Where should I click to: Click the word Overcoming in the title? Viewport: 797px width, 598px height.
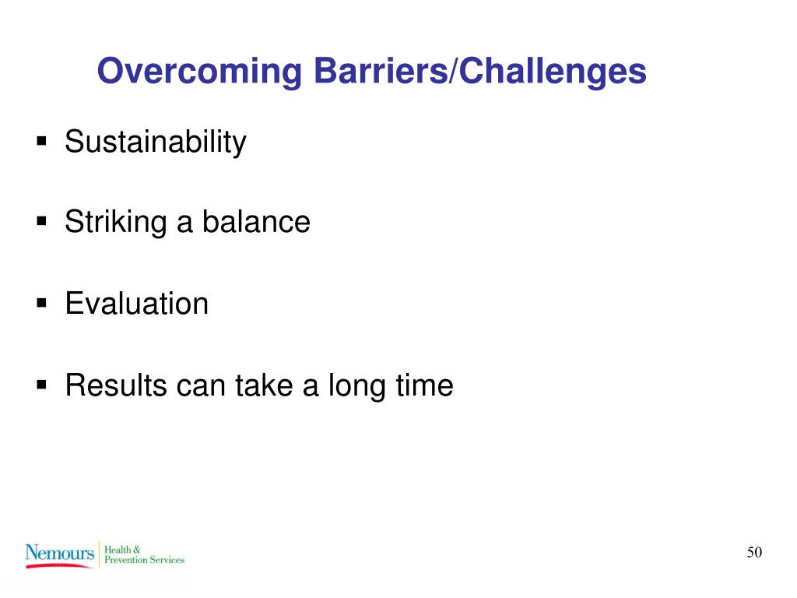tap(199, 72)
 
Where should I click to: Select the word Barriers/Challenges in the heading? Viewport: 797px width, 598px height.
tap(479, 72)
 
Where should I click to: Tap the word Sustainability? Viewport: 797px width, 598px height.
tap(156, 142)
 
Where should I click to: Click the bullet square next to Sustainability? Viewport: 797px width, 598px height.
tap(42, 141)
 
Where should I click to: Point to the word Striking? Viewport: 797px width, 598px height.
tap(116, 222)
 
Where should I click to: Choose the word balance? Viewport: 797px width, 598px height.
tap(256, 222)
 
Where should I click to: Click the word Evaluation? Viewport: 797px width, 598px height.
tap(137, 304)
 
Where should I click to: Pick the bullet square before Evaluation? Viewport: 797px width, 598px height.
tap(42, 304)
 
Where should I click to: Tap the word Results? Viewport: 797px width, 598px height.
tap(117, 385)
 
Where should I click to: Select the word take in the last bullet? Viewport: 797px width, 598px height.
tap(264, 385)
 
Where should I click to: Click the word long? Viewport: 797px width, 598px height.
tap(356, 386)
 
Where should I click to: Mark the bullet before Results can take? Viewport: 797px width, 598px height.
tap(42, 385)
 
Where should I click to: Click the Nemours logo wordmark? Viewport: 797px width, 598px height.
tap(59, 553)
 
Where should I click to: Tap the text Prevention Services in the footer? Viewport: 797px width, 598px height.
tap(144, 560)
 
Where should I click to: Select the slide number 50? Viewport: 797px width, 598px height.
tap(754, 552)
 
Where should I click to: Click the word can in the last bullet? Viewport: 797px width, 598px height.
tap(201, 386)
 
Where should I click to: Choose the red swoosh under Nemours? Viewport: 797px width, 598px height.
tap(59, 565)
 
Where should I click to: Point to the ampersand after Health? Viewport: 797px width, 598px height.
tap(136, 549)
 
